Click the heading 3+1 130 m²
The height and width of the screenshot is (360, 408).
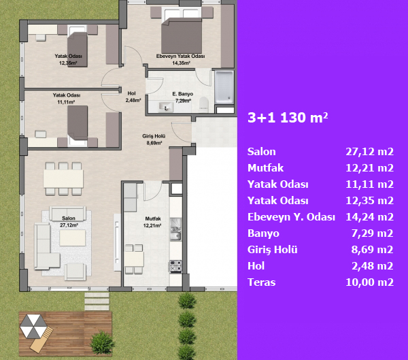point(288,118)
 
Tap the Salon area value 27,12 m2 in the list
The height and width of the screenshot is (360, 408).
point(369,152)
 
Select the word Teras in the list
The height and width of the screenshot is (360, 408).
point(262,282)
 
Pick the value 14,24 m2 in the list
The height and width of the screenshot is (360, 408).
point(369,217)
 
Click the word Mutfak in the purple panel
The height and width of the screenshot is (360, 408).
point(265,168)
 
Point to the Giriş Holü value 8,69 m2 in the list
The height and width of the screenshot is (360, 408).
point(372,250)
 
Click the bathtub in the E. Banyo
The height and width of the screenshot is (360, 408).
point(224,86)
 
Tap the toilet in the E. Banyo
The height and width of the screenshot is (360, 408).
point(204,104)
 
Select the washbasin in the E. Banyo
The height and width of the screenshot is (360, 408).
point(166,107)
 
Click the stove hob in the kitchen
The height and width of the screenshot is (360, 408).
point(176,266)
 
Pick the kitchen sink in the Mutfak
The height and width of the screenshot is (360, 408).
point(175,229)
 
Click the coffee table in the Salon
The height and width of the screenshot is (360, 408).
point(73,238)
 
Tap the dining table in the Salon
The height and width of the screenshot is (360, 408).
point(63,178)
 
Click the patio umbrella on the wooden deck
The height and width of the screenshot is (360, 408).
point(33,327)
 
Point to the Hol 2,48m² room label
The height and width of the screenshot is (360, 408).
point(133,97)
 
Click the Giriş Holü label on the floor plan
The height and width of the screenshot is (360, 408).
point(154,140)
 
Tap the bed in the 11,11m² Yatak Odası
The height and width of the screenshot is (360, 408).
point(78,125)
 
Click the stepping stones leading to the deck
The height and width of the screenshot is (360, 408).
point(97,301)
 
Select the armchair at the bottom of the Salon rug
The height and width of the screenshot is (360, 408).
point(75,272)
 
